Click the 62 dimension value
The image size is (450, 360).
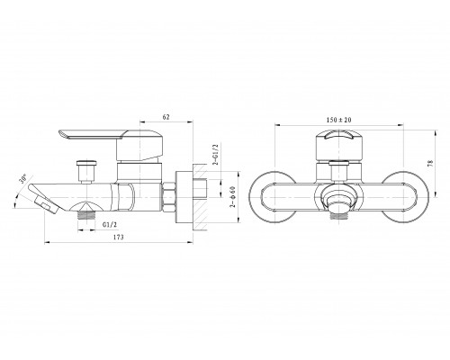click(x=166, y=117)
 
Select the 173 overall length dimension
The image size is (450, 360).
click(x=118, y=237)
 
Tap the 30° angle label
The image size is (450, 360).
click(x=22, y=178)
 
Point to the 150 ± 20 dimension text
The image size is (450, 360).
click(x=338, y=120)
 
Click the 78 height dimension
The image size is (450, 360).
click(x=431, y=163)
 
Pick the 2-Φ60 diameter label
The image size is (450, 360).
click(x=232, y=197)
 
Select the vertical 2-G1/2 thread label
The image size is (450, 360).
click(x=215, y=155)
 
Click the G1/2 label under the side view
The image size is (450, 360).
click(x=110, y=224)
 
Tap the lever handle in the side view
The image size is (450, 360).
click(x=111, y=144)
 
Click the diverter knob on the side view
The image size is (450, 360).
click(x=86, y=171)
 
